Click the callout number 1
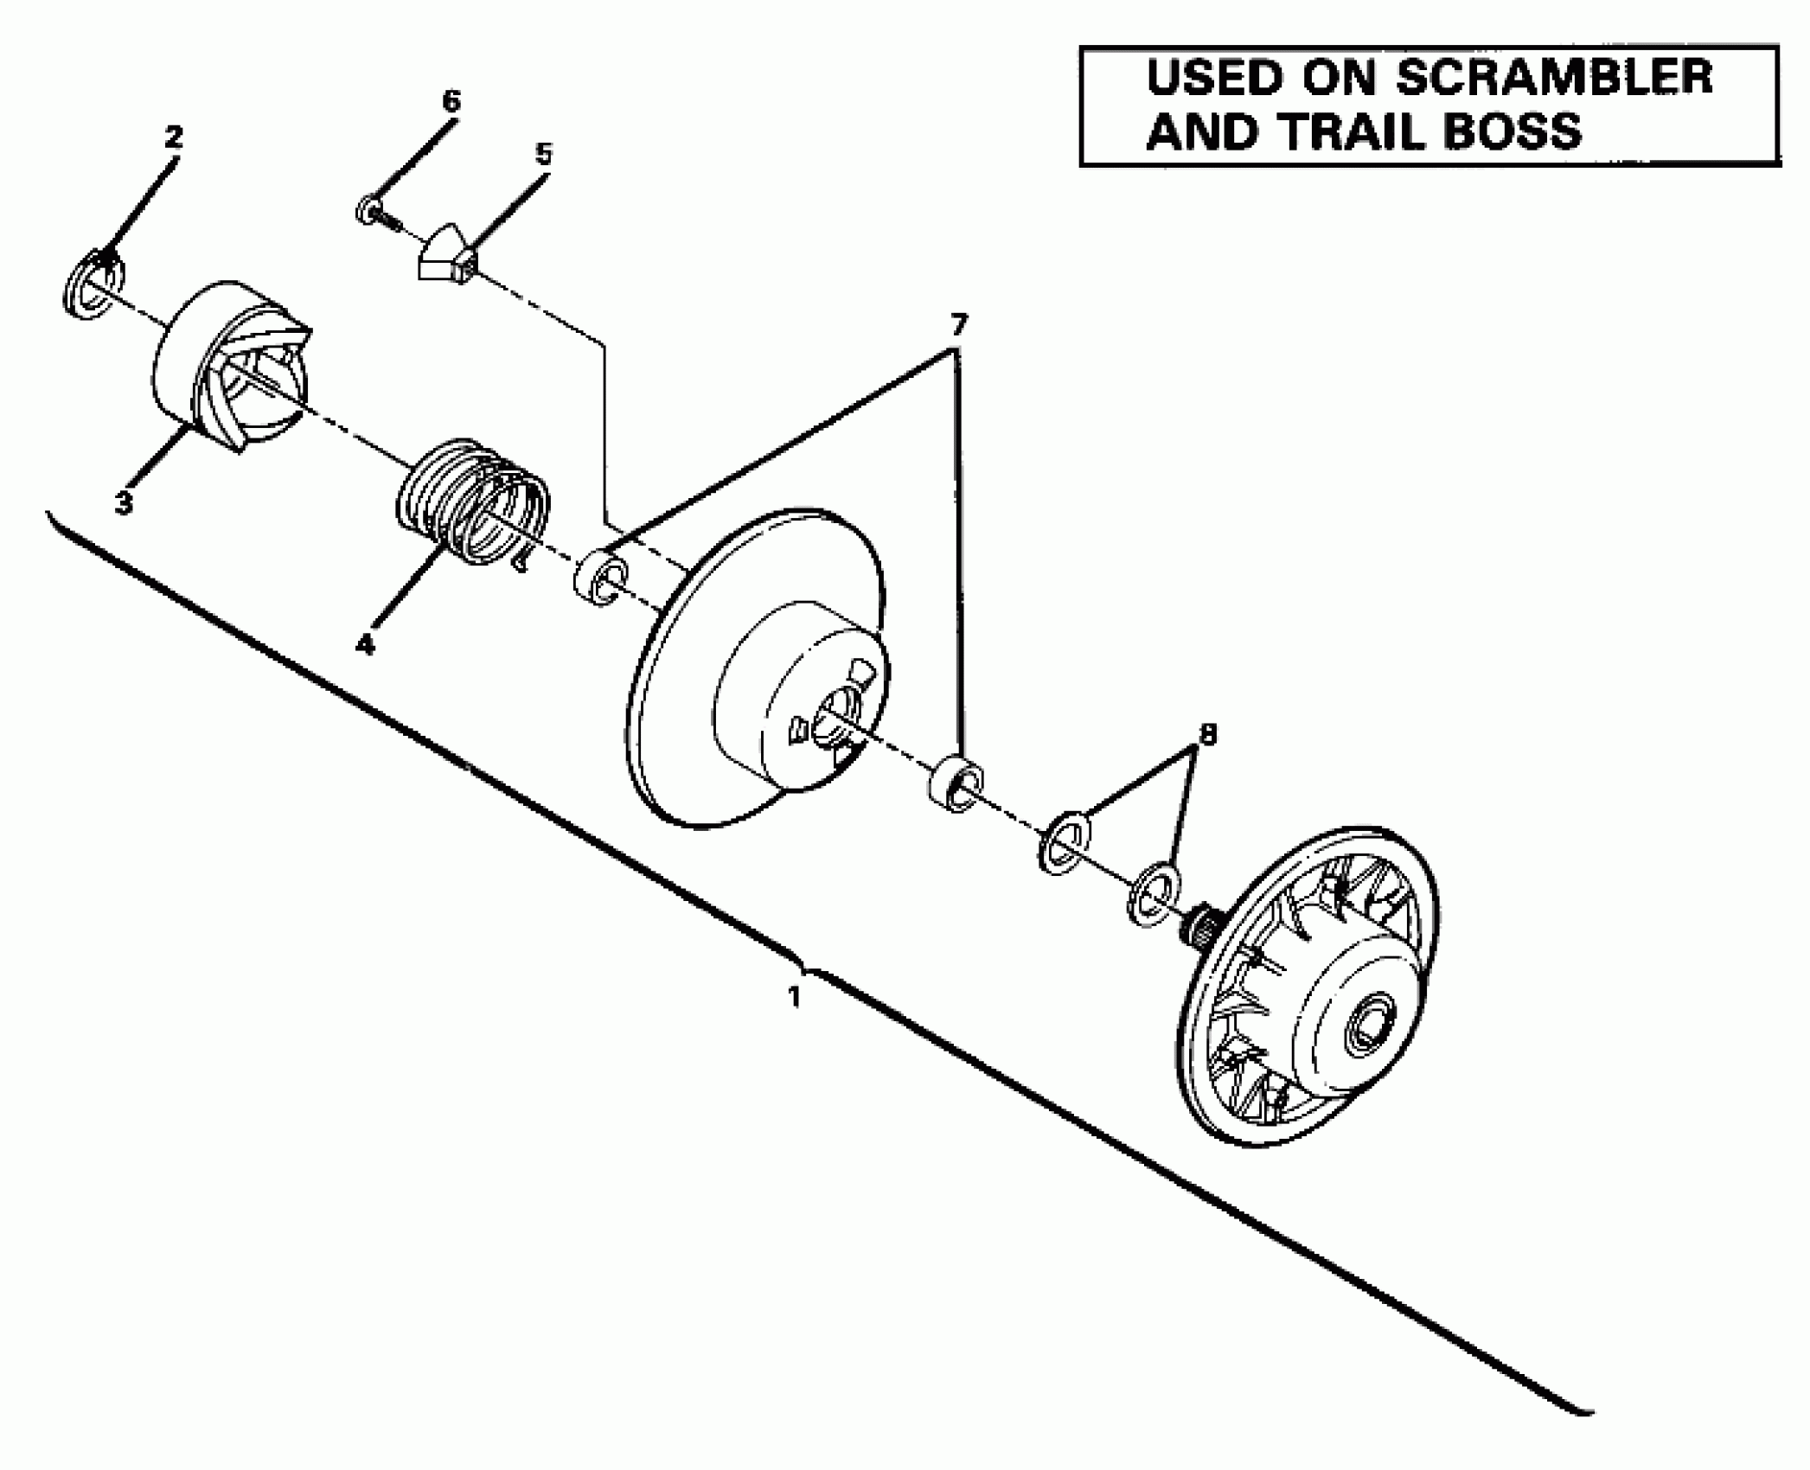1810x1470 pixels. pos(794,997)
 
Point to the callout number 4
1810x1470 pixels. pos(365,643)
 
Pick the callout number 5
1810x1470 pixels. pos(542,155)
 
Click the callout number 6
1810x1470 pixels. pos(451,101)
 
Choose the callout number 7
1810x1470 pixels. pos(958,325)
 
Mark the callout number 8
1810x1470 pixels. pos(1207,734)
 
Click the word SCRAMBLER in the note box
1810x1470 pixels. pos(1553,78)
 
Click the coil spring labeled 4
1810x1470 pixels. pos(474,504)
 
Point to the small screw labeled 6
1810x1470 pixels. pos(374,211)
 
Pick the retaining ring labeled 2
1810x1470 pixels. pos(94,284)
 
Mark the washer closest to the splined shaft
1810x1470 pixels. pos(1154,904)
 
